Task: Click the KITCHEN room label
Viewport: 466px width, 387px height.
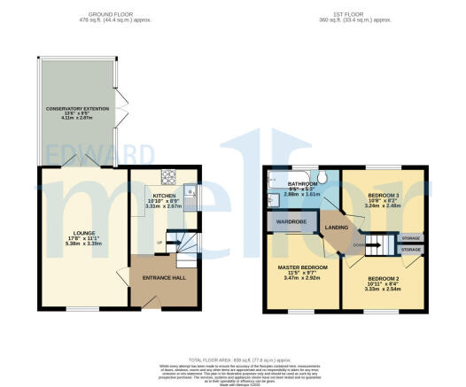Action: tap(164, 195)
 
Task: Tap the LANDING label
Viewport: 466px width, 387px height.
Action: tap(337, 228)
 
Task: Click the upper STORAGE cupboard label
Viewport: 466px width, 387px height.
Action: tap(410, 237)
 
